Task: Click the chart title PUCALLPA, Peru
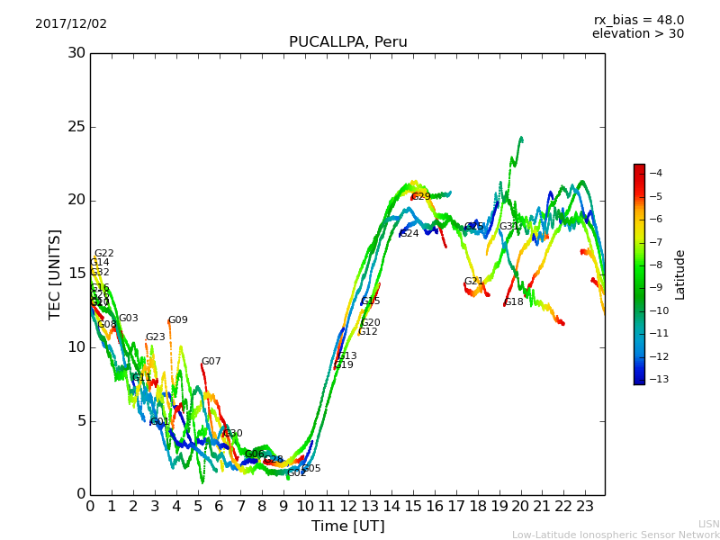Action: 347,42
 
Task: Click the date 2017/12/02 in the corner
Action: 71,24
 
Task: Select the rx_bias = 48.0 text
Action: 638,21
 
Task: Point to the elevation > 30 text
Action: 637,34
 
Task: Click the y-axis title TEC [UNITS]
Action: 56,274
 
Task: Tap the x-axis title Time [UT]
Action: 347,526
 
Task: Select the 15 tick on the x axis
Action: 413,506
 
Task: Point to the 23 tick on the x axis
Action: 585,506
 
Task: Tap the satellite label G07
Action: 211,362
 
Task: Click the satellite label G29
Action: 421,196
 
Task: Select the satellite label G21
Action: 473,282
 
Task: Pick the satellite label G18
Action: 514,302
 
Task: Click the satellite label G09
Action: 178,320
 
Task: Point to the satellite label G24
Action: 409,234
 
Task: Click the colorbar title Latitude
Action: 680,274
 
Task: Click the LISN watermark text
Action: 708,524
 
